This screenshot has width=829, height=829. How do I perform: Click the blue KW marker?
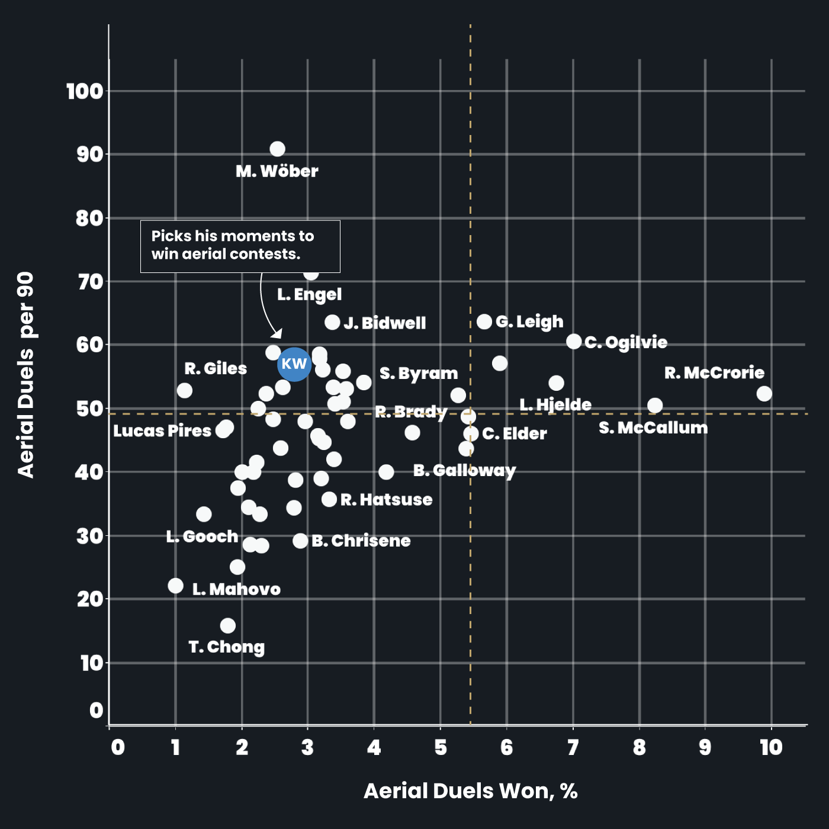click(294, 364)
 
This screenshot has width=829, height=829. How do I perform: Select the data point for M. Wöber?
click(277, 149)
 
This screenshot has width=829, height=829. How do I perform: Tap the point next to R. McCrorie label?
click(764, 394)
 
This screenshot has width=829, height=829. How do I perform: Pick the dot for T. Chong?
click(227, 626)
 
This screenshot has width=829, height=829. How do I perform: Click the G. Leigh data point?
click(484, 322)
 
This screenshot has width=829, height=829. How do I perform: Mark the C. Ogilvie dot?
click(574, 342)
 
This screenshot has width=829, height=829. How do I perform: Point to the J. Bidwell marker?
click(332, 323)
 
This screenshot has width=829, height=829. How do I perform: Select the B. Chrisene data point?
click(300, 541)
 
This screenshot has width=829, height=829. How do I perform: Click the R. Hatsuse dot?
click(329, 499)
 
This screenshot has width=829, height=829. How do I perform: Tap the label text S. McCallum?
click(653, 428)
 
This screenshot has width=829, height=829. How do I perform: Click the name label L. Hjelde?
click(555, 405)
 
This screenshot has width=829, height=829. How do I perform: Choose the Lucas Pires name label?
click(162, 431)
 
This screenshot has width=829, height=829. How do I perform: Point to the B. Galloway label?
click(464, 471)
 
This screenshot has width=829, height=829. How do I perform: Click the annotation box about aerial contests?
click(240, 246)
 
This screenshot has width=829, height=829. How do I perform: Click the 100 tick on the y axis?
click(85, 92)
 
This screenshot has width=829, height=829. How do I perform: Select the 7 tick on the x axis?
click(573, 748)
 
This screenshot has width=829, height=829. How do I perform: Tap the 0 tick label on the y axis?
click(97, 711)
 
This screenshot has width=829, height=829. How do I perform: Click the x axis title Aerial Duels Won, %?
click(470, 791)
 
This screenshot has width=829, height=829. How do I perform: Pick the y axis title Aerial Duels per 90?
click(26, 374)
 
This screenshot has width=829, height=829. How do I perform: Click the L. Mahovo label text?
click(236, 590)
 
